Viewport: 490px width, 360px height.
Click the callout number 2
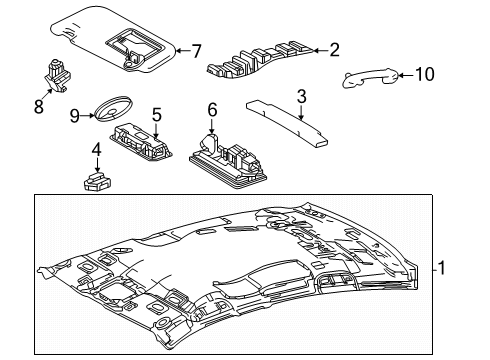pyautogui.click(x=335, y=48)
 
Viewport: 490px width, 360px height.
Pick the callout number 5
pyautogui.click(x=157, y=114)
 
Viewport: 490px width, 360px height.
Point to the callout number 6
pyautogui.click(x=212, y=109)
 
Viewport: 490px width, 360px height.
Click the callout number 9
pyautogui.click(x=75, y=115)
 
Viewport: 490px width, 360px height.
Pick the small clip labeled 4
pyautogui.click(x=98, y=180)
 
